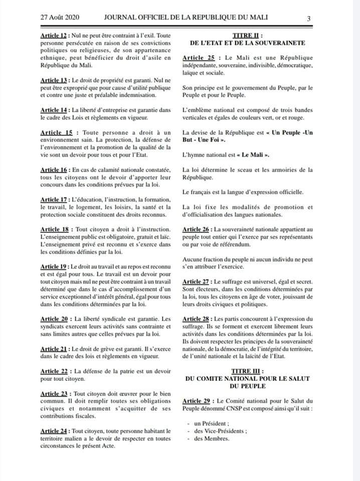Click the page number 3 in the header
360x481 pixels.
[x=308, y=19]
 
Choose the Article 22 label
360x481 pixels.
[x=54, y=371]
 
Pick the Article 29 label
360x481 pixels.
[x=198, y=401]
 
